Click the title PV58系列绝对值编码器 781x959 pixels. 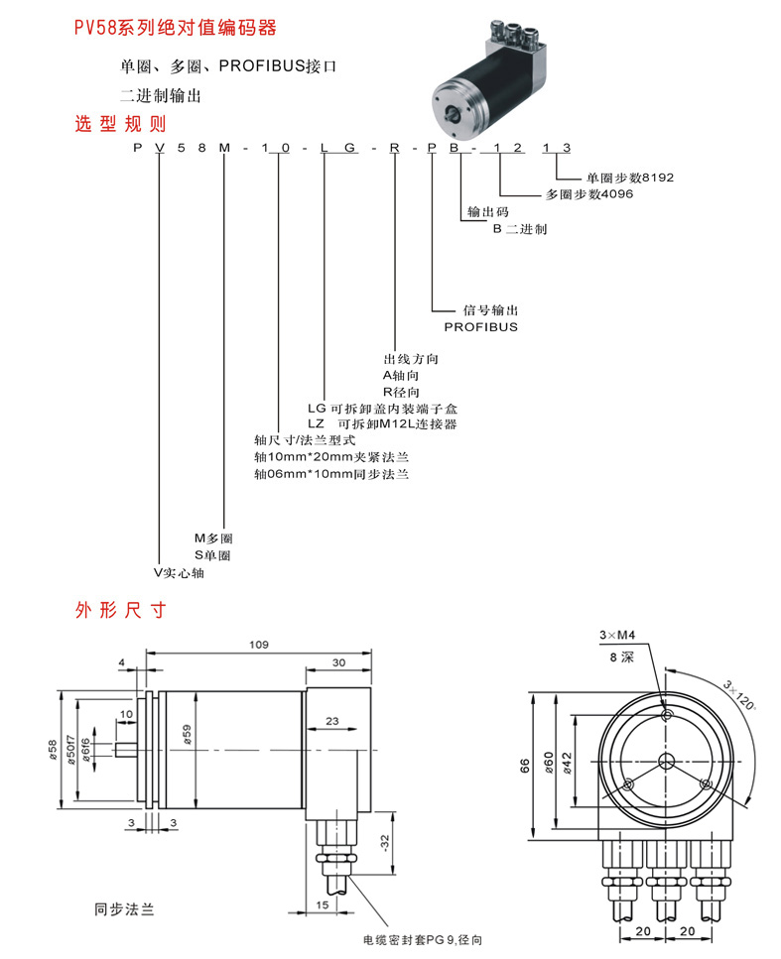click(x=175, y=29)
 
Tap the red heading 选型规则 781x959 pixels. click(x=120, y=125)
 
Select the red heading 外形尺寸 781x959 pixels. click(x=120, y=609)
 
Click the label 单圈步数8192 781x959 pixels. click(x=630, y=178)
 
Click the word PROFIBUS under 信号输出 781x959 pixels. click(x=480, y=326)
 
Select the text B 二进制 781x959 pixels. click(x=520, y=229)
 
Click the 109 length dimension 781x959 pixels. click(x=258, y=645)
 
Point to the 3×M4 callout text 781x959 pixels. click(x=617, y=635)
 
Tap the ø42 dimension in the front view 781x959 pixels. click(x=567, y=762)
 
